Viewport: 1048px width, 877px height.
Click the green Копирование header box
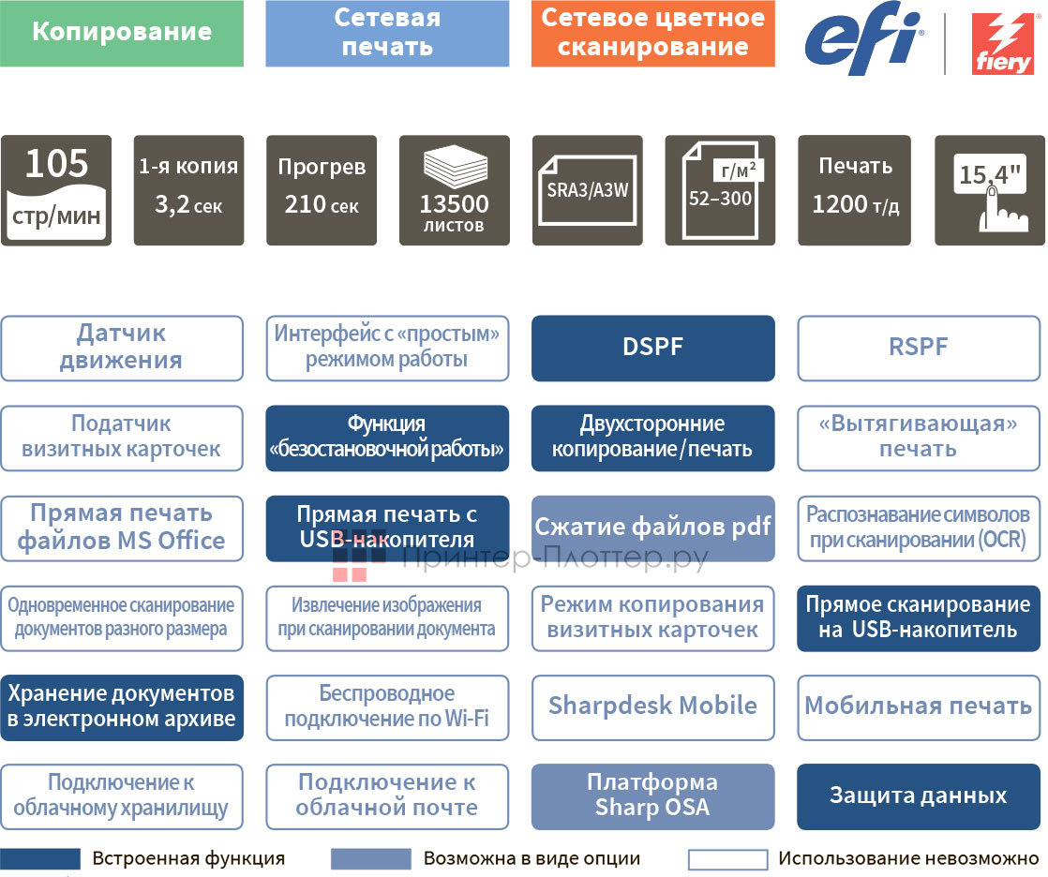122,33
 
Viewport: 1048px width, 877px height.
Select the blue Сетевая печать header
387,33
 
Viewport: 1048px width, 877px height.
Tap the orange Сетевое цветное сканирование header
652,33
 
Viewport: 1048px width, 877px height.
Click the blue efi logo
863,38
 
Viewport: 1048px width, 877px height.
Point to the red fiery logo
1001,43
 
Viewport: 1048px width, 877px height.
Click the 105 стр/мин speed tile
56,190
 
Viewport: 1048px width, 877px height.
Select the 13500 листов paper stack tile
455,190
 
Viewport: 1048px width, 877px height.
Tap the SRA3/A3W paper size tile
587,190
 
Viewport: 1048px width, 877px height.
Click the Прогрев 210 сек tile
322,190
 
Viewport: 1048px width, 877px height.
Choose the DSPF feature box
652,348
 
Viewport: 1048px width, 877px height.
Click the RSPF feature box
919,348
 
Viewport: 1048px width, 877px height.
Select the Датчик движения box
122,348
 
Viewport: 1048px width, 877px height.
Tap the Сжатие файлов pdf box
652,528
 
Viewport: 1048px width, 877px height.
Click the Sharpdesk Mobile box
652,706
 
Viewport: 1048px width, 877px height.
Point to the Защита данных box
919,796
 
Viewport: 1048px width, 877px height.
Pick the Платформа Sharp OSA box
652,796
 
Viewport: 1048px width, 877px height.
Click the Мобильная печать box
919,706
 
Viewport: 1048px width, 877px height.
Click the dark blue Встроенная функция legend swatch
40,859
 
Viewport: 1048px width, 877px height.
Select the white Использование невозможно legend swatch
727,859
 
